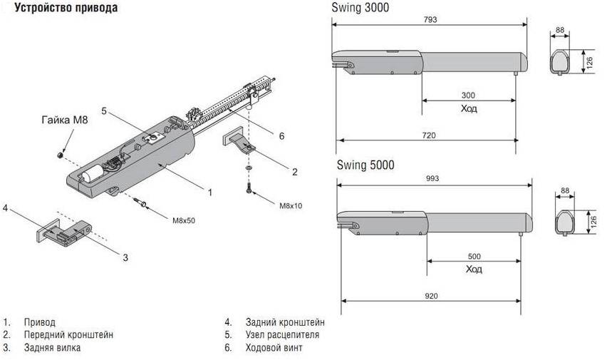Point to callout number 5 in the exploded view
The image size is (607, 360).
(x=103, y=111)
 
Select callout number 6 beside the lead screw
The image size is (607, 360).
(x=281, y=135)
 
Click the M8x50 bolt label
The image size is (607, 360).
(x=183, y=220)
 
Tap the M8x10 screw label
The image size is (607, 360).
(x=290, y=205)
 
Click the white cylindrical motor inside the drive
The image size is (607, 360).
(x=90, y=173)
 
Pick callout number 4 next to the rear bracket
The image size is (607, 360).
(x=5, y=208)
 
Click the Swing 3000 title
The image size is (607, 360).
(x=360, y=6)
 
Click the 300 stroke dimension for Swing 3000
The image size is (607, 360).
(x=467, y=96)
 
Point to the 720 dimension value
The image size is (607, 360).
(x=427, y=135)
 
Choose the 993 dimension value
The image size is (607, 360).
(x=432, y=178)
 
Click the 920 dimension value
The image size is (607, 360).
(x=431, y=295)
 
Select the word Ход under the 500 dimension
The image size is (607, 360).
(x=474, y=269)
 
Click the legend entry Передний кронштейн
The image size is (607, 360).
(x=68, y=334)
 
